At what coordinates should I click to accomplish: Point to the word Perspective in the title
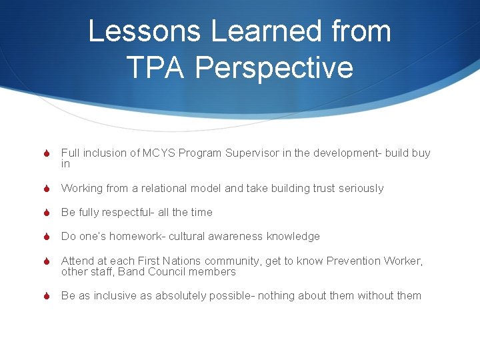(x=275, y=67)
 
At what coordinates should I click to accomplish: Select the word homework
(x=138, y=237)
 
